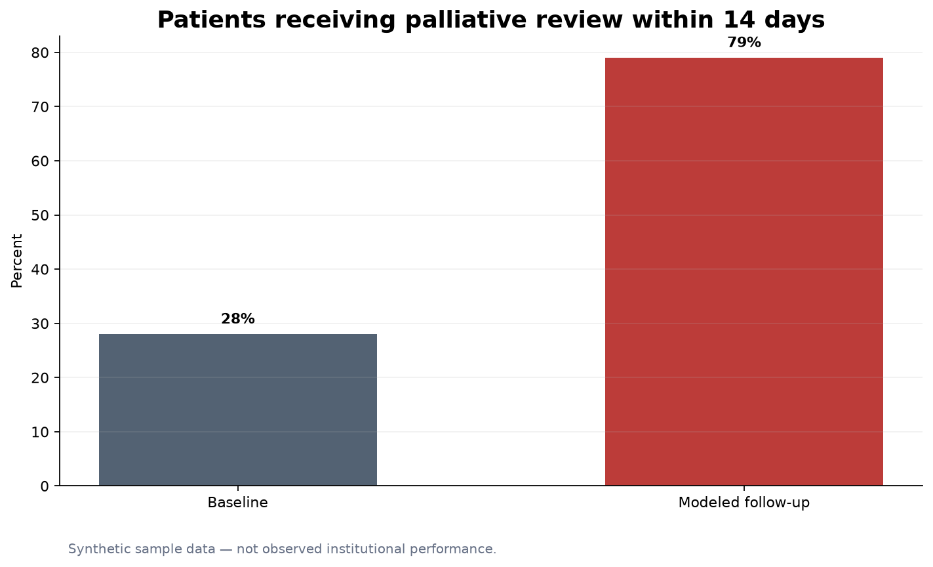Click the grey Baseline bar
tap(238, 409)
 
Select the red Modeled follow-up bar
tap(744, 272)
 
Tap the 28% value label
tap(238, 319)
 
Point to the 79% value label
tap(744, 43)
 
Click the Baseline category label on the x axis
tap(237, 503)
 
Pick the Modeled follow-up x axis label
tap(744, 503)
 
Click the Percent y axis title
tap(16, 261)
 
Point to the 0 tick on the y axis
tap(45, 486)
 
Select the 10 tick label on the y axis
tap(40, 432)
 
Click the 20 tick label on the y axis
tap(40, 378)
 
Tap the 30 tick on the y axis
tap(40, 324)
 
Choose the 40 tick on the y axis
tap(40, 269)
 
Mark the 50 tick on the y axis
tap(40, 215)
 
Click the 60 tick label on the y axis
tap(40, 161)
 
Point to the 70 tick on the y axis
tap(40, 107)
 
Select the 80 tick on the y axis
tap(40, 52)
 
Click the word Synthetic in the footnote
tap(99, 549)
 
